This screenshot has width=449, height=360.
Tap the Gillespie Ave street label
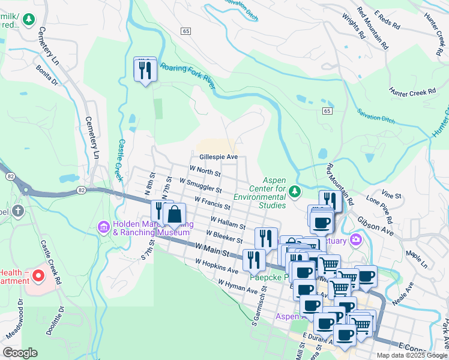coord(219,157)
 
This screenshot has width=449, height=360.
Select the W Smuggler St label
coord(200,185)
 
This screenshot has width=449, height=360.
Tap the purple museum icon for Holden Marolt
coord(103,227)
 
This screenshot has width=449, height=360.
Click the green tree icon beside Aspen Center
coord(294,191)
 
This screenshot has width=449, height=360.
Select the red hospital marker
coord(38,277)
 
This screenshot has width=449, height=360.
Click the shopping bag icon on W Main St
coord(174,214)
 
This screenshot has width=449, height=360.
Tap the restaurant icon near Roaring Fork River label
coord(145,70)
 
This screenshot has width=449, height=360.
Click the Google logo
coord(20,353)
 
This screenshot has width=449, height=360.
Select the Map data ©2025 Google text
coord(411,355)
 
